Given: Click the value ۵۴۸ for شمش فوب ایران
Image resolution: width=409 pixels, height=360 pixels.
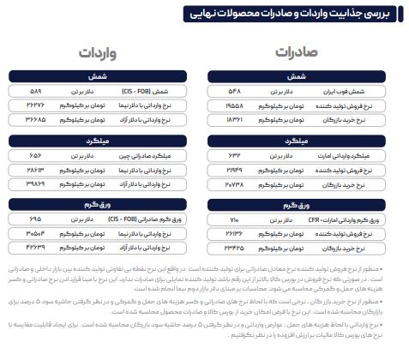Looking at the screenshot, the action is click(234, 89).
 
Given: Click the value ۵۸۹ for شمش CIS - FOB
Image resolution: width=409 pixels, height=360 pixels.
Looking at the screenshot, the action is click(34, 89).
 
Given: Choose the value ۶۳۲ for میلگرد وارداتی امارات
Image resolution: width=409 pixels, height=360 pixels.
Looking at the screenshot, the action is click(234, 155).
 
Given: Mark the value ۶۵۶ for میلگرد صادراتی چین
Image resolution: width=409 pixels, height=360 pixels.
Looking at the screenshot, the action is click(34, 155).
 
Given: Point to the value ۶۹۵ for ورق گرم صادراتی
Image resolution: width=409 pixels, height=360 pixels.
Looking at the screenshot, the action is click(34, 220).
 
